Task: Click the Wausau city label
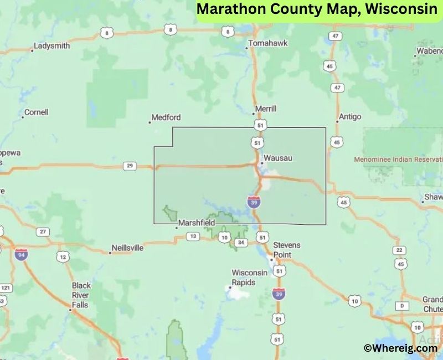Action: (277, 158)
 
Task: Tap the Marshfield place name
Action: (196, 223)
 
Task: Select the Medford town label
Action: (166, 117)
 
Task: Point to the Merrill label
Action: (265, 109)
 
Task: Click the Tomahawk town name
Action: (268, 43)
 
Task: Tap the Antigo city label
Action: (349, 117)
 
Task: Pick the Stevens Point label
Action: (287, 249)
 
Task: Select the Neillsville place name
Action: (127, 248)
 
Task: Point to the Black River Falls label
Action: (81, 295)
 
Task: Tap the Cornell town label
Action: (36, 112)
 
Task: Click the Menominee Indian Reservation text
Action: (398, 160)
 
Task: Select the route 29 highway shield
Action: (130, 166)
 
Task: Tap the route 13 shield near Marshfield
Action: (193, 236)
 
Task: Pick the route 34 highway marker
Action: (240, 242)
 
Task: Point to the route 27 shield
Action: (42, 232)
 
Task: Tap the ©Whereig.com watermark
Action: (400, 348)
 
